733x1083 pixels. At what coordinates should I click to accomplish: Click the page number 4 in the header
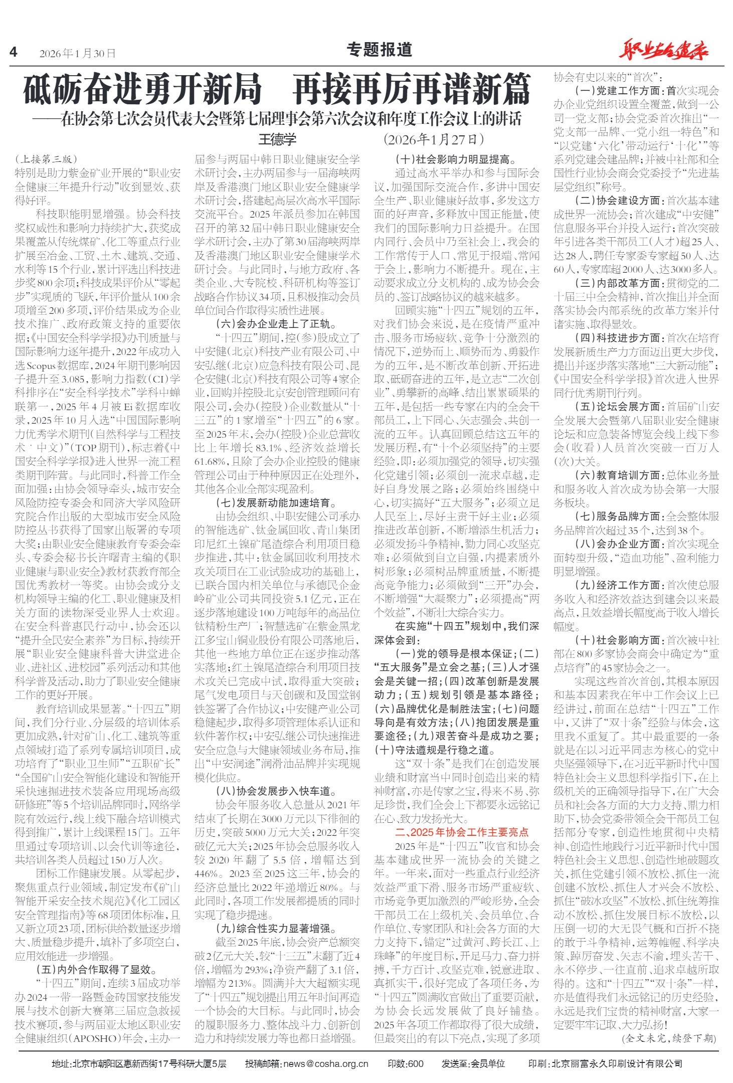[14, 52]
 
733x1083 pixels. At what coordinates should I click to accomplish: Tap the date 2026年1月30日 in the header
[78, 53]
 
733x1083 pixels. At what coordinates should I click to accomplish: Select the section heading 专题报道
[380, 50]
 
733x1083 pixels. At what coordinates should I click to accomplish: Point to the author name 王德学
[277, 139]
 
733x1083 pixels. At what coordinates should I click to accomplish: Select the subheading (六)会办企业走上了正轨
[277, 323]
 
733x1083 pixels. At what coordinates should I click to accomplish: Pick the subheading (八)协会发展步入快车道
[277, 792]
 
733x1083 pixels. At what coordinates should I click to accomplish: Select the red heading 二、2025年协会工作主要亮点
[462, 832]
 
